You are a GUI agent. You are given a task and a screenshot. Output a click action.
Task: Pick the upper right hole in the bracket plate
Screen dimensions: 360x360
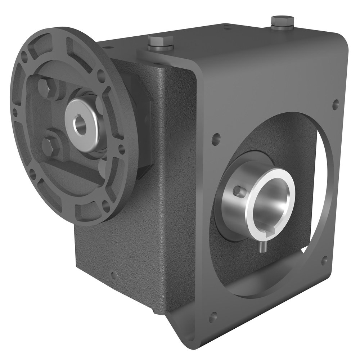pyautogui.click(x=336, y=105)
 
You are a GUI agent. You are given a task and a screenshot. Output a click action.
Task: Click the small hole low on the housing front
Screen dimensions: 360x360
pyautogui.click(x=113, y=276)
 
